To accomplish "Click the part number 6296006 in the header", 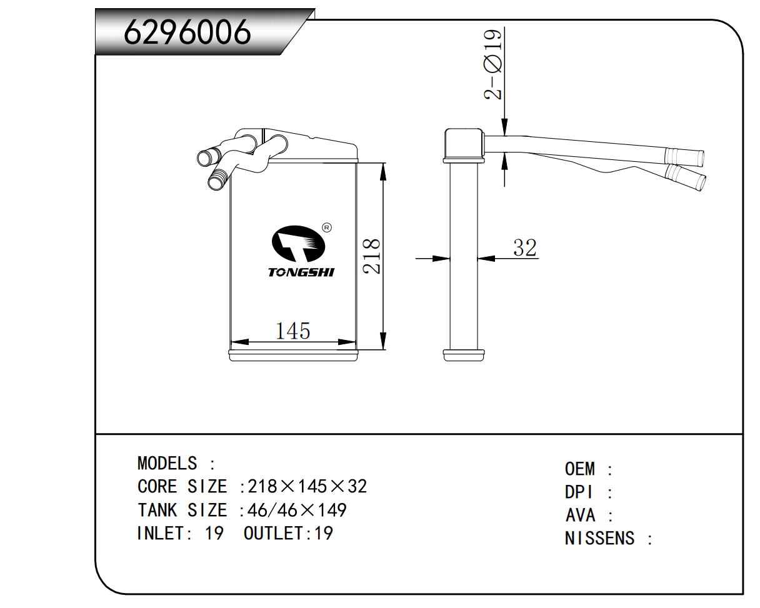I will (x=187, y=32).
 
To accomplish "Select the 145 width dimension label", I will (x=293, y=330).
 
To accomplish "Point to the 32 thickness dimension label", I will (x=524, y=247).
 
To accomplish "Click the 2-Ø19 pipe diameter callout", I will (x=493, y=64).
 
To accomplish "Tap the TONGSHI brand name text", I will (x=301, y=272).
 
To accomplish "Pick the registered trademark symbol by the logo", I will (x=326, y=227).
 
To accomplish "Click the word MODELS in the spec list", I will (x=166, y=464).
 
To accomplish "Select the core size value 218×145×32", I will (x=307, y=486).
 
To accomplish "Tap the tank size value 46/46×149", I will (x=297, y=511).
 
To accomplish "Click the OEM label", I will (x=580, y=469).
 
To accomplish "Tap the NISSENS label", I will (x=599, y=538).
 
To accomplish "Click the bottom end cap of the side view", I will (x=464, y=354).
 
